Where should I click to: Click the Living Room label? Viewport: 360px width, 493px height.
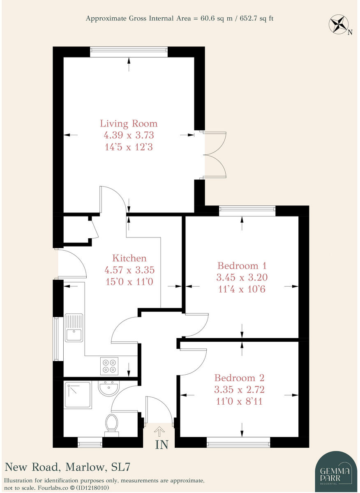tap(129, 123)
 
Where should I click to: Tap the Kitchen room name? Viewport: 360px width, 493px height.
tap(129, 258)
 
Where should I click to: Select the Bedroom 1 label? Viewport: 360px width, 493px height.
tap(241, 265)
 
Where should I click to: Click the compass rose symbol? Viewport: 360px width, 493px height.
tap(339, 24)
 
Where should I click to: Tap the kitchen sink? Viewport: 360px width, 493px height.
tap(74, 327)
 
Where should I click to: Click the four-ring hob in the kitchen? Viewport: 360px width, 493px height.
tap(109, 366)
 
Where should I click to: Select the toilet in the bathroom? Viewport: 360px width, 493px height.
tap(111, 424)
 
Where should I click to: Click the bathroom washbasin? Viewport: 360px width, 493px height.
tap(108, 388)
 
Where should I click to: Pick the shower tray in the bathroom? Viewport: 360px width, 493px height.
tap(77, 394)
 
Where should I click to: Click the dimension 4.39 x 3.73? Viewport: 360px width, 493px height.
tap(129, 135)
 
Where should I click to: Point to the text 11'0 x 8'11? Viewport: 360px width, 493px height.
tap(240, 400)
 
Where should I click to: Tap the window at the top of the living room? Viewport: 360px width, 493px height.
tap(129, 51)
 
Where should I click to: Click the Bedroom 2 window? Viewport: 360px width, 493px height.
tap(238, 442)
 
